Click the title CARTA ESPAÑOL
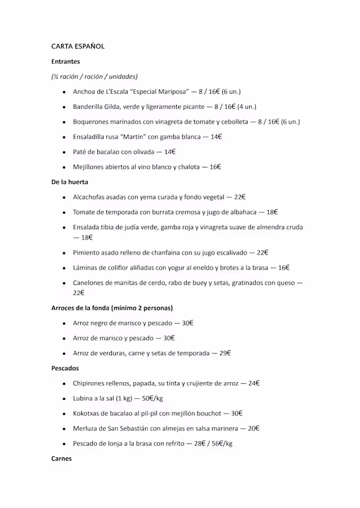[x=78, y=47]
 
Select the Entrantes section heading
[x=66, y=61]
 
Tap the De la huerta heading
[x=70, y=182]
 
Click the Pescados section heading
[x=65, y=368]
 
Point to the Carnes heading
[x=61, y=459]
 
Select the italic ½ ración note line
[x=94, y=76]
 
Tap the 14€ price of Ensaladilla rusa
[x=217, y=137]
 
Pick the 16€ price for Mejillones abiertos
[x=215, y=167]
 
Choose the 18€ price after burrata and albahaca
[x=272, y=212]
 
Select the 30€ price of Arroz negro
[x=188, y=323]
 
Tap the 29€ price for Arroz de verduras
[x=225, y=353]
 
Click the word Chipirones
[x=89, y=383]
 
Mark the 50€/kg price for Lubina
[x=152, y=398]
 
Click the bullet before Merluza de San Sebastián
[x=65, y=429]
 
